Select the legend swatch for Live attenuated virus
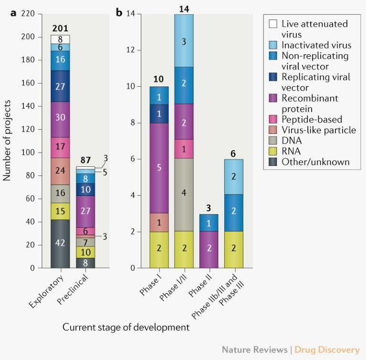click(x=273, y=23)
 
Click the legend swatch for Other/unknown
click(x=273, y=162)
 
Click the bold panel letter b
click(x=119, y=12)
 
